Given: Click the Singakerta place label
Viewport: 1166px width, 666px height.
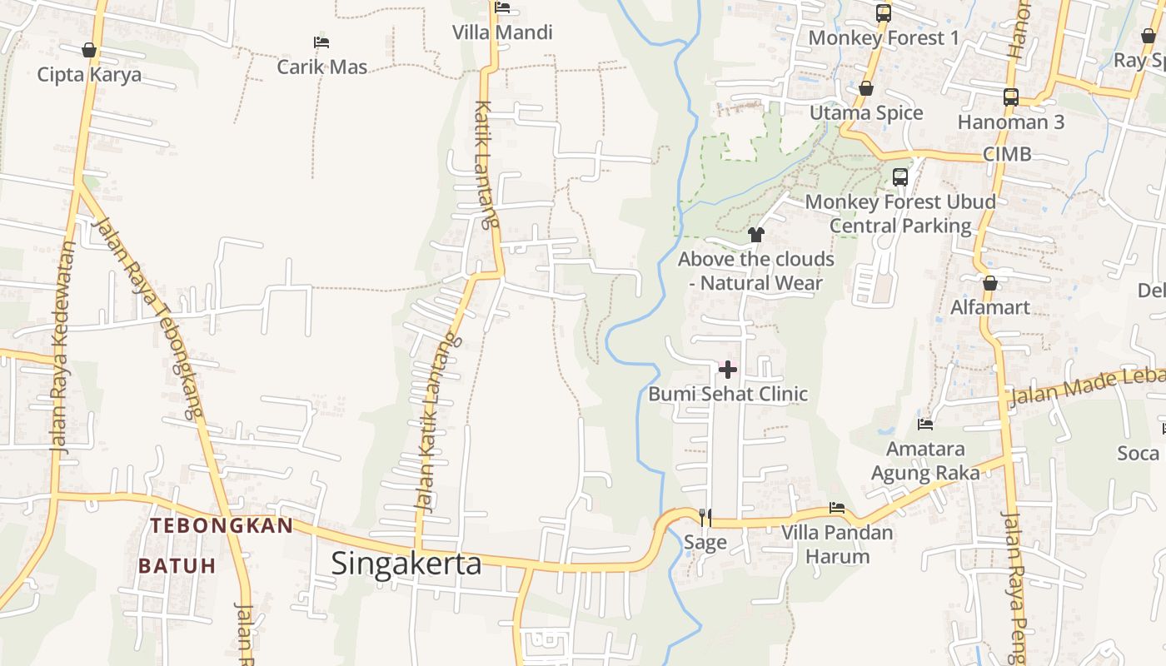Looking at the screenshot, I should (406, 564).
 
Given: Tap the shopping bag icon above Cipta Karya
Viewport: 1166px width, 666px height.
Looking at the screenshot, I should (89, 51).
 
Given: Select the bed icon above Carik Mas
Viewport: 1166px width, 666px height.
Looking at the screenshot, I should (321, 42).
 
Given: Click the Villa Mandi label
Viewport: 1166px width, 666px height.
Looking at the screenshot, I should (502, 32).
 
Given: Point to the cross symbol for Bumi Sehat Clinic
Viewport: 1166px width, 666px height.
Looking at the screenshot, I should (728, 369).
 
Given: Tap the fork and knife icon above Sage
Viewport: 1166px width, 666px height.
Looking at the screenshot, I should (705, 518).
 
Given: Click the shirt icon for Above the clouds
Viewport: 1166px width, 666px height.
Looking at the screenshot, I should (756, 235).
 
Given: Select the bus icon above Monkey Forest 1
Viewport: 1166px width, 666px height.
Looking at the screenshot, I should (884, 13).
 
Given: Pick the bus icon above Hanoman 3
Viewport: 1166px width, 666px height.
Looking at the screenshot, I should (1011, 97).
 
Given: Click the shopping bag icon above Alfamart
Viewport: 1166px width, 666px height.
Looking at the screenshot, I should (990, 283).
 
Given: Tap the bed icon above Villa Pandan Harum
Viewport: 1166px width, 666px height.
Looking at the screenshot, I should (837, 508).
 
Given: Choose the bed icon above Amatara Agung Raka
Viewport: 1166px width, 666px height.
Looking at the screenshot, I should (925, 425).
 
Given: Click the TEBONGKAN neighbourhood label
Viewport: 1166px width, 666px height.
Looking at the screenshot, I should (222, 526).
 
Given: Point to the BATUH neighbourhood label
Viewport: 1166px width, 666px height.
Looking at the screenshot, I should (177, 566).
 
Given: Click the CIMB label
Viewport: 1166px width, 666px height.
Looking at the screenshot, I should (1007, 154).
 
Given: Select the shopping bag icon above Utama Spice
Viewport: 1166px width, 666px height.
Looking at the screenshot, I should (866, 88).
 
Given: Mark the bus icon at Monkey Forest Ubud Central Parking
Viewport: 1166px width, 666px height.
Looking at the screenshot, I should (900, 176).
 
